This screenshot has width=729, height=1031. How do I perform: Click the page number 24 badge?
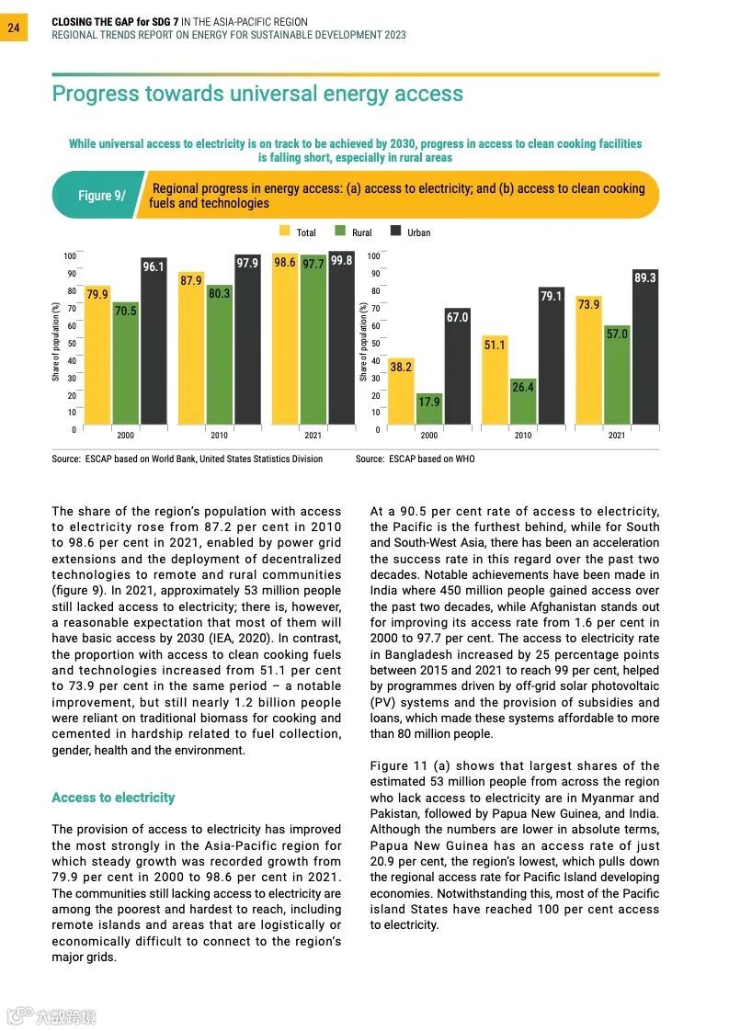pyautogui.click(x=13, y=28)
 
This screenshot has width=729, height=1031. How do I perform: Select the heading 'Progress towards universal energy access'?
pyautogui.click(x=257, y=94)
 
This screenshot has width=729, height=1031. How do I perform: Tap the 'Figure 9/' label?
pyautogui.click(x=101, y=196)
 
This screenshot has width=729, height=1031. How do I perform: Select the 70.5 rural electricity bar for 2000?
pyautogui.click(x=125, y=368)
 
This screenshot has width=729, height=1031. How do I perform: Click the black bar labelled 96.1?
pyautogui.click(x=154, y=345)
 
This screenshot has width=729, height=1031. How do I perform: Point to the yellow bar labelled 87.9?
pyautogui.click(x=191, y=354)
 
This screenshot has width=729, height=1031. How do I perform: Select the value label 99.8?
pyautogui.click(x=342, y=262)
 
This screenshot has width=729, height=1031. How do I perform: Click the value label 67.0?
pyautogui.click(x=458, y=317)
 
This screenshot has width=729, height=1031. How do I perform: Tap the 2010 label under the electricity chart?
pyautogui.click(x=219, y=436)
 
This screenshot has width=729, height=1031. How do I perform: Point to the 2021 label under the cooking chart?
pyautogui.click(x=617, y=436)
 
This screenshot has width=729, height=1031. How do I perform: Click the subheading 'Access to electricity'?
pyautogui.click(x=113, y=798)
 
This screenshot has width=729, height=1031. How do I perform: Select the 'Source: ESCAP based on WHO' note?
pyautogui.click(x=415, y=459)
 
